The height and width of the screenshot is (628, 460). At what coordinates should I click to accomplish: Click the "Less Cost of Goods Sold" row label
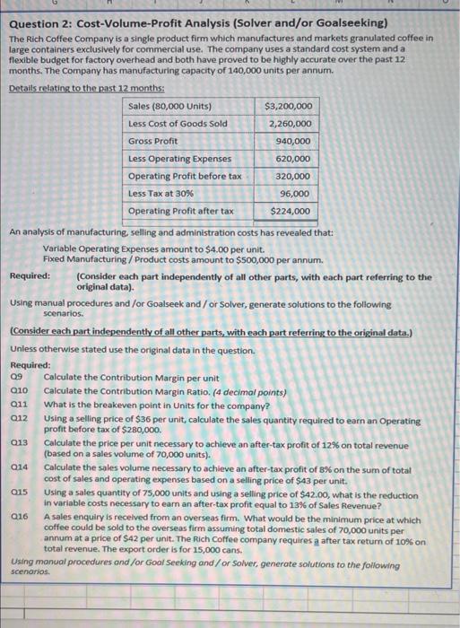point(178,123)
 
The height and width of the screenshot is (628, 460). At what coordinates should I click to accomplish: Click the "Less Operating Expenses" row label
point(180,159)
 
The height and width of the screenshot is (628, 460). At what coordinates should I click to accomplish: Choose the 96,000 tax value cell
point(296,194)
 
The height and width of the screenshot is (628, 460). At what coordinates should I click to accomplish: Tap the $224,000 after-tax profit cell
point(291,212)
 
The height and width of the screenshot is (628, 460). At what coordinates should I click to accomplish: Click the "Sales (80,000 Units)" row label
point(170,106)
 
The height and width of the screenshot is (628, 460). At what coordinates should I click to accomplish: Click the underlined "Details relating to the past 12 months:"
point(80,88)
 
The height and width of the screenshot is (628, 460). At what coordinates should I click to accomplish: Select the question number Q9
point(16,379)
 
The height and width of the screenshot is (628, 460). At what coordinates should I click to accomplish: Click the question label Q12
point(19,419)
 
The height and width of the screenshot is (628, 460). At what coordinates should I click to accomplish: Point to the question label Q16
point(19,519)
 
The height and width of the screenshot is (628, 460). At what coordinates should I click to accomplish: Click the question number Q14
point(19,469)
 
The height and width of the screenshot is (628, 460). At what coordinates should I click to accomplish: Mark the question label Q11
point(19,406)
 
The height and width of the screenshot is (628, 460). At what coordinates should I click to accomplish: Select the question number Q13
point(19,444)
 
